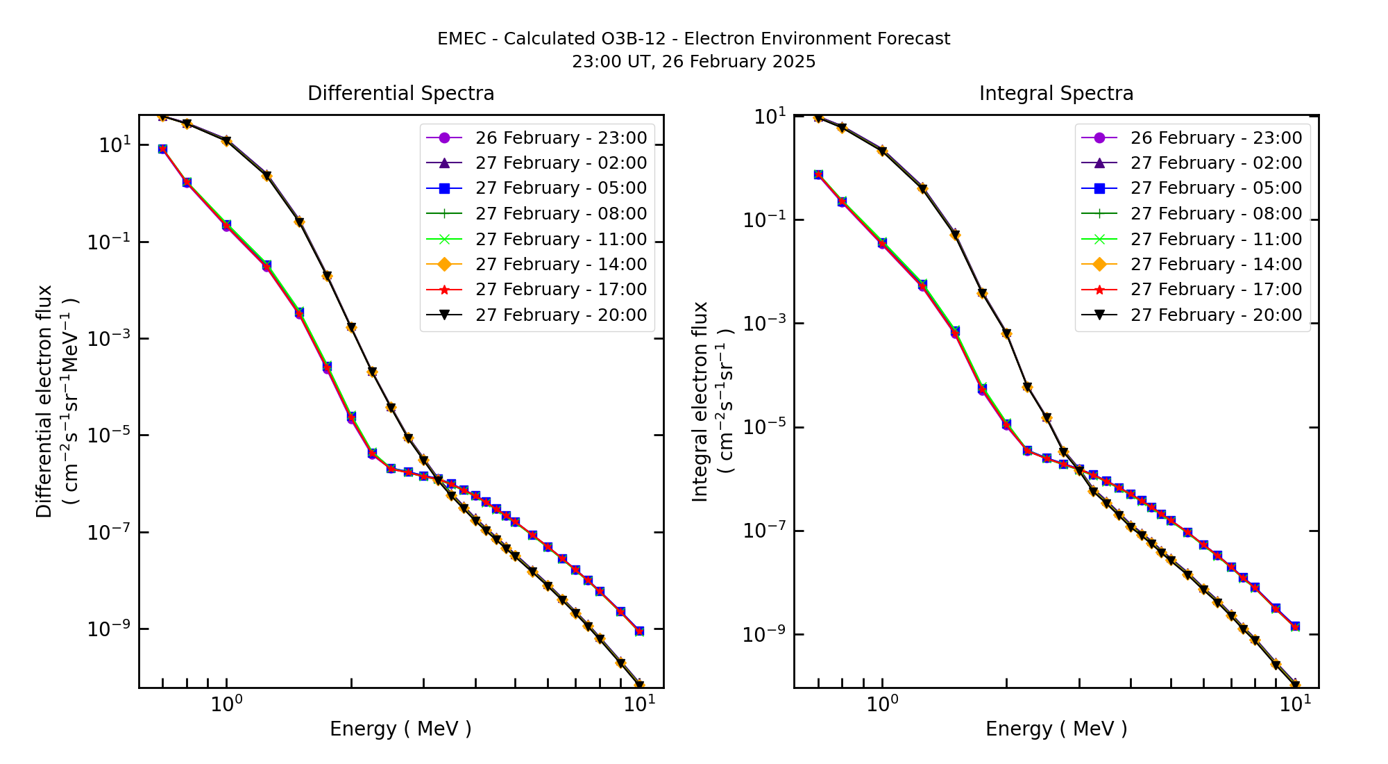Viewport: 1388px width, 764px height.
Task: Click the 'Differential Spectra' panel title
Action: [400, 93]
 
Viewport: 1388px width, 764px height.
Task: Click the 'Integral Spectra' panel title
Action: [1056, 93]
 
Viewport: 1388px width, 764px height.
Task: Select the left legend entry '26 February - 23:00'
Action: [561, 138]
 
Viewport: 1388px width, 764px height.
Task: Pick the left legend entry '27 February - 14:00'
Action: [561, 265]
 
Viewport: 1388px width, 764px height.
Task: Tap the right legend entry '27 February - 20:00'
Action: [1216, 315]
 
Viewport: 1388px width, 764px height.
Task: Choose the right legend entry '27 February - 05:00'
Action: [1216, 188]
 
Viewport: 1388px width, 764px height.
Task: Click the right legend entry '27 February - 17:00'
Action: [1216, 290]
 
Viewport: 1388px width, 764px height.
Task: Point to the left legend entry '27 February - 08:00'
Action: [561, 214]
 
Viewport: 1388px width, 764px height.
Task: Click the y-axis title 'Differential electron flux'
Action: [45, 401]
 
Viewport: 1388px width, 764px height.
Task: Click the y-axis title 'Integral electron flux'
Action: [700, 401]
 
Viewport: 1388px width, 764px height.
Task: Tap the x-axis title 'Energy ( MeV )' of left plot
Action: [400, 729]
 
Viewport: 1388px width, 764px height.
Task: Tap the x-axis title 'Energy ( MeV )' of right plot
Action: [1056, 729]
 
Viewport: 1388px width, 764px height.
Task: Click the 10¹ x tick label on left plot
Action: [638, 704]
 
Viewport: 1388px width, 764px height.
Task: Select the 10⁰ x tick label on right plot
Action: [882, 704]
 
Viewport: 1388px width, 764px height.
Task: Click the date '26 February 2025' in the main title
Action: [738, 62]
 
